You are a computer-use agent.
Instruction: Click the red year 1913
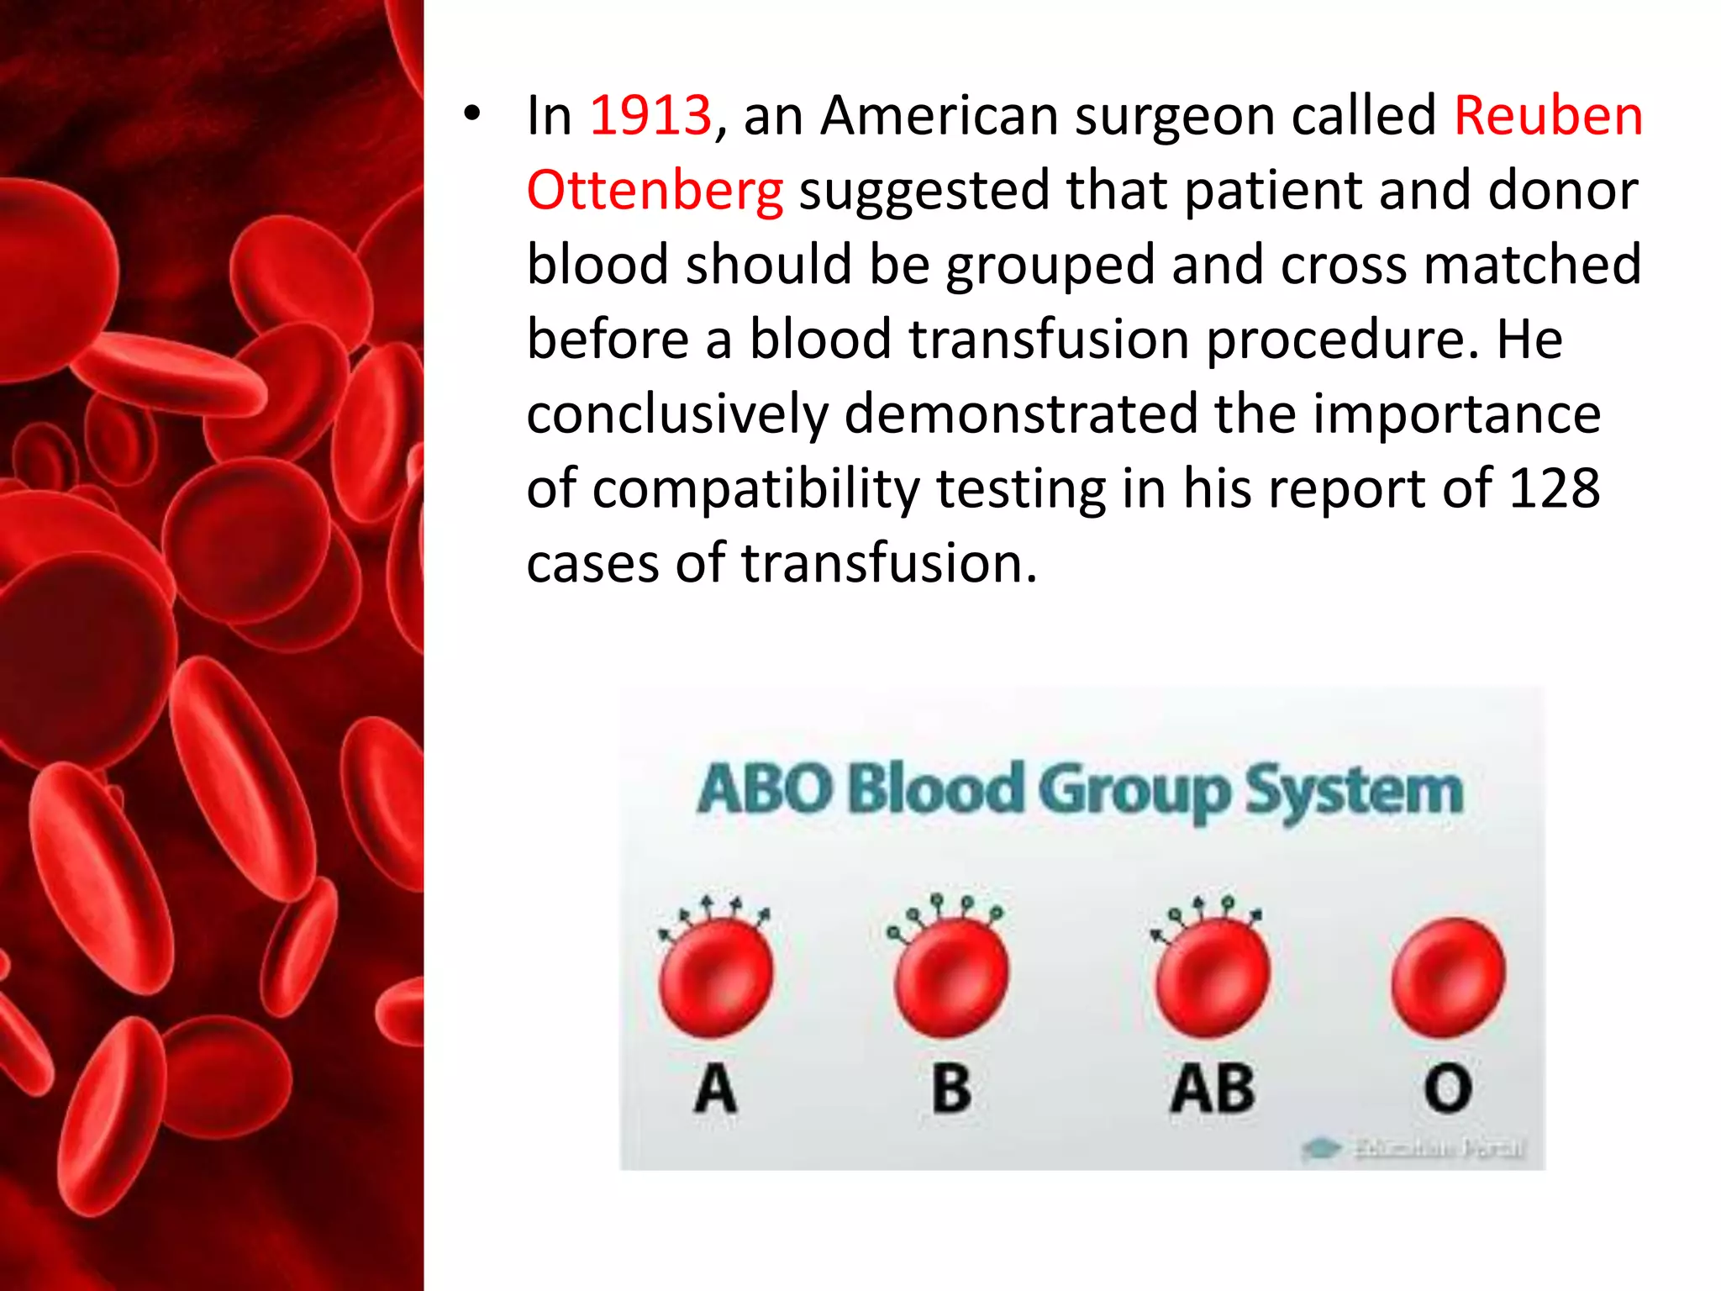tap(650, 115)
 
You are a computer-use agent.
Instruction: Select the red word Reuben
tap(1548, 115)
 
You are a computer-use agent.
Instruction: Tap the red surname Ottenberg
tap(655, 190)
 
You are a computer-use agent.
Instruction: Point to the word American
tap(939, 115)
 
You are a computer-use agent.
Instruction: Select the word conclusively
tap(677, 414)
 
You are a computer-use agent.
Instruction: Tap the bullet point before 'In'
tap(472, 114)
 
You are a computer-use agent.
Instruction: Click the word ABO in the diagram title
tap(765, 790)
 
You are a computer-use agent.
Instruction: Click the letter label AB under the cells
tap(1213, 1089)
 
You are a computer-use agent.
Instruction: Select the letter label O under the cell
tap(1448, 1089)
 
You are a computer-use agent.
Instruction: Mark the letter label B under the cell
tap(951, 1089)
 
